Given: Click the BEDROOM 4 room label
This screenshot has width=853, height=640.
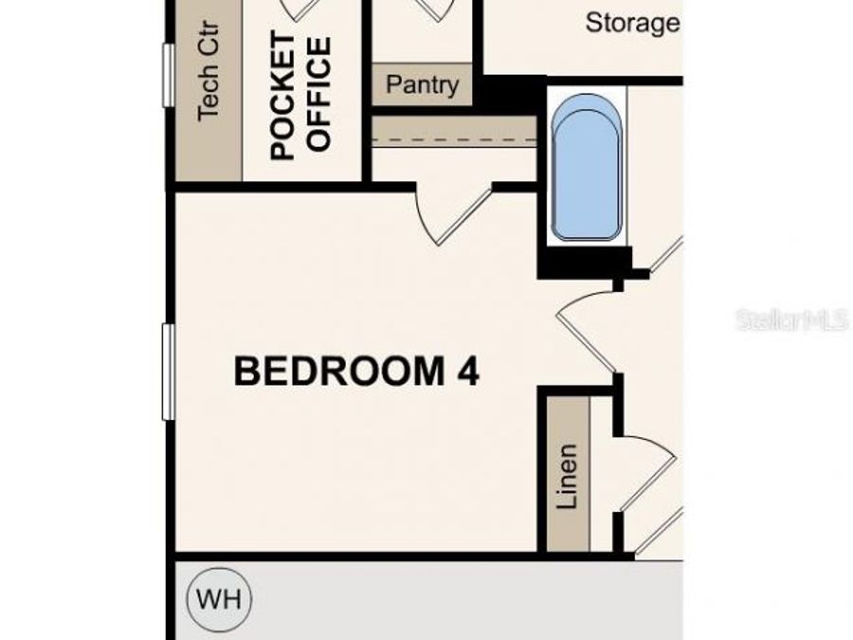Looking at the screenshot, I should tap(356, 371).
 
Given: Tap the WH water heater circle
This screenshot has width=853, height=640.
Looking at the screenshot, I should tap(219, 599).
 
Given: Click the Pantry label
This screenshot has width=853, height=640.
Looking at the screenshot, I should tap(422, 85).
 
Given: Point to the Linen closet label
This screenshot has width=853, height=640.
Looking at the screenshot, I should tap(567, 477).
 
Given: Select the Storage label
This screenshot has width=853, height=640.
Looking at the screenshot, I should tap(632, 23).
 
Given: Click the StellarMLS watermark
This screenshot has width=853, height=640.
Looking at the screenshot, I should tap(791, 320).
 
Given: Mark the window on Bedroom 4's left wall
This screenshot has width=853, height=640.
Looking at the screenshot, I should tap(168, 371).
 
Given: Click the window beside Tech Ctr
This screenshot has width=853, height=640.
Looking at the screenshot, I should tap(168, 76).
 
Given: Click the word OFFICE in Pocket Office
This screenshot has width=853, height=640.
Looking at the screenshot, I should tap(320, 95).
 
